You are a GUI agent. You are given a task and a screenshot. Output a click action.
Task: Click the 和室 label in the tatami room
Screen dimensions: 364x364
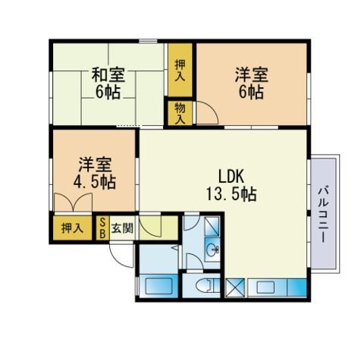[108, 75]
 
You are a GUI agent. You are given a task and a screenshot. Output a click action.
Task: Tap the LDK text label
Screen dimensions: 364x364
[231, 177]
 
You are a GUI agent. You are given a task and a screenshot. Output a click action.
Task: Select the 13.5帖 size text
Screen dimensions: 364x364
[231, 194]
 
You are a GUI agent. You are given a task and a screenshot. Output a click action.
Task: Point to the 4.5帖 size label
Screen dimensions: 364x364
[95, 182]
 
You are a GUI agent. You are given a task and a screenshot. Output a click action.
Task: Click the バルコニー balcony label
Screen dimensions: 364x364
[323, 215]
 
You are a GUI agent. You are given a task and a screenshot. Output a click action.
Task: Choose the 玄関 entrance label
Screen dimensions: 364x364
[122, 228]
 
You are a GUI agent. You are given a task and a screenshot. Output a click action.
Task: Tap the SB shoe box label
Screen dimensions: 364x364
[102, 228]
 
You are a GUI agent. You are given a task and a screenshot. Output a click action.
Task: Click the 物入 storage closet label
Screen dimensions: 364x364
[180, 114]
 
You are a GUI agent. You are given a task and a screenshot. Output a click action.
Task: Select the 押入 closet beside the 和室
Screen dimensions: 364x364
[180, 71]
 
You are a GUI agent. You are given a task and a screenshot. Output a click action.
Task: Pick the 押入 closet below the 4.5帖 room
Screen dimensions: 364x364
[72, 228]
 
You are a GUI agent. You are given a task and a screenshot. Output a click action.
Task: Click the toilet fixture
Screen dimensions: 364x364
[205, 285]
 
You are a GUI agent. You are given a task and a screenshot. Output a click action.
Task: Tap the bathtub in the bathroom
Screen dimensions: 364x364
[158, 286]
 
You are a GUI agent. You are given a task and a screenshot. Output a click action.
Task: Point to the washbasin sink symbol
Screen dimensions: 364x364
[212, 250]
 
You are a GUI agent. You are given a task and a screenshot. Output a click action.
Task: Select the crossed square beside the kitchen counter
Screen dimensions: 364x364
[235, 287]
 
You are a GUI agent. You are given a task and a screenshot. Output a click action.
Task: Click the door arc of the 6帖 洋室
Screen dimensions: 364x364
[208, 111]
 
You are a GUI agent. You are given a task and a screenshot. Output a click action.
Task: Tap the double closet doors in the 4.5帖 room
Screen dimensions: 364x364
[73, 202]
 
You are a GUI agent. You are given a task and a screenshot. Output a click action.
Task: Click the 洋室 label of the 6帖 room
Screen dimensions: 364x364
[251, 75]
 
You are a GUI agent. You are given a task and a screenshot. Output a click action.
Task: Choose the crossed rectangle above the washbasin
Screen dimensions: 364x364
[212, 227]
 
